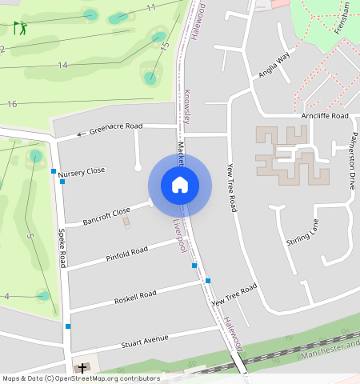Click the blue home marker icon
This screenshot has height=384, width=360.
[x=180, y=186]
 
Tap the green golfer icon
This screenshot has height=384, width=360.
[x=20, y=28]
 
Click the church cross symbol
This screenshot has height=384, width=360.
[x=82, y=369]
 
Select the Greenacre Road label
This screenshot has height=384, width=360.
[x=115, y=128]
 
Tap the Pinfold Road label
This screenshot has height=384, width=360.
[x=126, y=254]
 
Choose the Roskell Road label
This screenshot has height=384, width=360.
[x=134, y=296]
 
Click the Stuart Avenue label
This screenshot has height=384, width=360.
[x=144, y=342]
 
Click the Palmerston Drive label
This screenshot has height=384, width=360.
[x=352, y=160]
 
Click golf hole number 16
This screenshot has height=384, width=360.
[x=11, y=104]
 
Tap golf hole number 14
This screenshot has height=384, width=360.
[x=62, y=64]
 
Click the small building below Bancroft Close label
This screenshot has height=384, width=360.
[x=126, y=222]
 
